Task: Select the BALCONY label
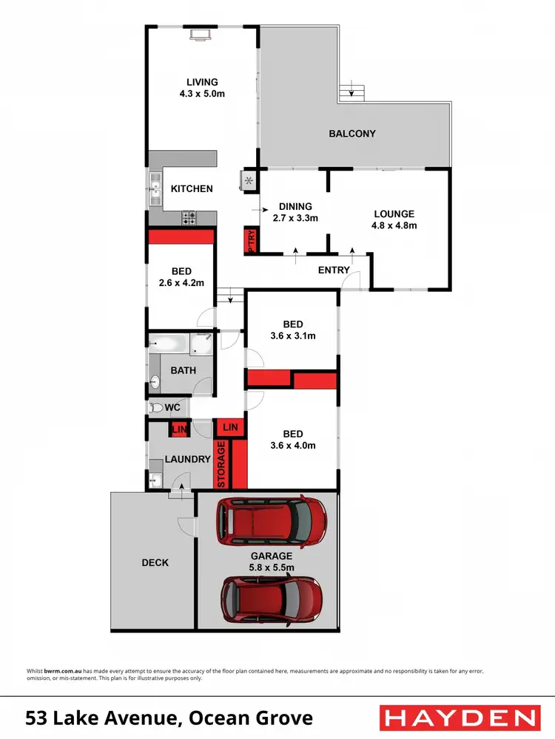352,134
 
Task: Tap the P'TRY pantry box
250,242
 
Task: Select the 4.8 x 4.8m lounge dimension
394,225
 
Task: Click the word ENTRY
334,270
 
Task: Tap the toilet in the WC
155,407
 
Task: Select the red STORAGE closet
221,464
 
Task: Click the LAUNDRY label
188,459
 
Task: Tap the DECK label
155,562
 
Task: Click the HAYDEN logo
458,718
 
